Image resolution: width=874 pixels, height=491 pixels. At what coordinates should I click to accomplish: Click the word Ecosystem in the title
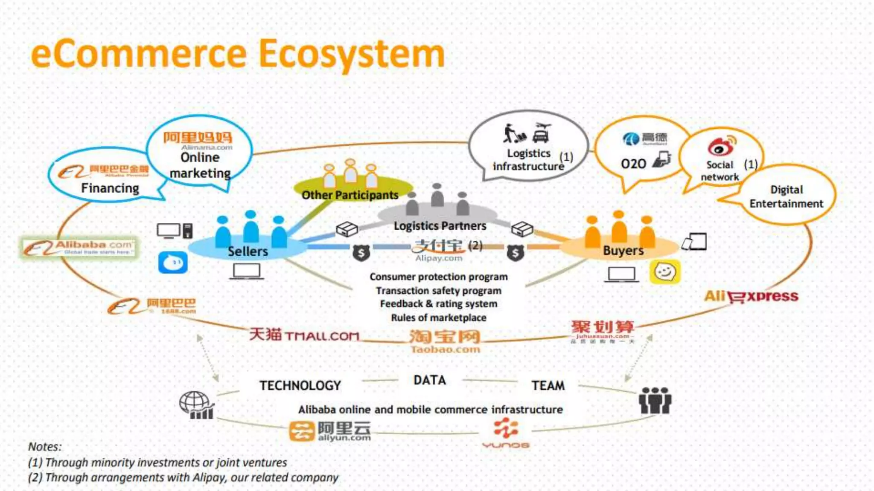(352, 55)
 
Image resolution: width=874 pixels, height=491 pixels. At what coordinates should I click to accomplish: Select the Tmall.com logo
(304, 335)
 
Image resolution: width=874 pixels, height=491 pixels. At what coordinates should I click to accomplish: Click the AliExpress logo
(751, 296)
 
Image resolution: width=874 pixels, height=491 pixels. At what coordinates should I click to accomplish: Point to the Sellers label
(248, 251)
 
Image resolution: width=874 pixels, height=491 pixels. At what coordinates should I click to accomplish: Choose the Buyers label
(623, 251)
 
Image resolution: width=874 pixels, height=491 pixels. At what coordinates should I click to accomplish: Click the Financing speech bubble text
(110, 188)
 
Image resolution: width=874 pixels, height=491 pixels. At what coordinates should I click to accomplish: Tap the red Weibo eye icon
(721, 146)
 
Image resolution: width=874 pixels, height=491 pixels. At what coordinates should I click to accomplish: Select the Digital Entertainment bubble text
(786, 196)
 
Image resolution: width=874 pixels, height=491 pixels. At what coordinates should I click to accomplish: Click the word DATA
(430, 380)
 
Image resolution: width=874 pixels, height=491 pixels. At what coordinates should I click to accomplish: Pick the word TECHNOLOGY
(300, 386)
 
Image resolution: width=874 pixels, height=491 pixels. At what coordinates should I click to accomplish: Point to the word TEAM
(548, 386)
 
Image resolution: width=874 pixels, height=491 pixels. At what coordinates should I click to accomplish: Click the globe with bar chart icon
(196, 405)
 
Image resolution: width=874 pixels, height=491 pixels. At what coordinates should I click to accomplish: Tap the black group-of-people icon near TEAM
(655, 401)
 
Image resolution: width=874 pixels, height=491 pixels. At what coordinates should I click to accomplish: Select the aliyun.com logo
(330, 431)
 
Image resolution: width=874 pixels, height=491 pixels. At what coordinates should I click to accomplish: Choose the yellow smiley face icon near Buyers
(665, 271)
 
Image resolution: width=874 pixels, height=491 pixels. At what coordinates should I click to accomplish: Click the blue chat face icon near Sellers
(173, 262)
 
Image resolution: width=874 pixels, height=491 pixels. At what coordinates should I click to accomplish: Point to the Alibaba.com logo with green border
(79, 248)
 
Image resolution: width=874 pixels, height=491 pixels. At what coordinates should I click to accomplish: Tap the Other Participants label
(350, 195)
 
